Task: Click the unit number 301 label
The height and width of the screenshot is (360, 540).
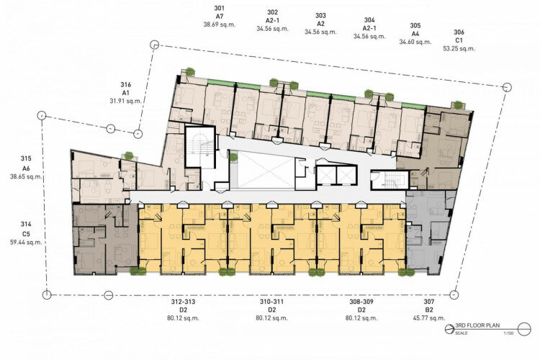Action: pos(219,8)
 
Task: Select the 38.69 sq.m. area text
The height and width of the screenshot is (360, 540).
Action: pos(220,24)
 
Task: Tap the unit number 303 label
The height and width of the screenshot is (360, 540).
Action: pos(320,16)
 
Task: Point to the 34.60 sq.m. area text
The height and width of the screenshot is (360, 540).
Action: pos(415,42)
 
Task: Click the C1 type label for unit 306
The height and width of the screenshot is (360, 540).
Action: pos(459,40)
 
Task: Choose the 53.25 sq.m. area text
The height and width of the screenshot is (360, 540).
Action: pos(459,48)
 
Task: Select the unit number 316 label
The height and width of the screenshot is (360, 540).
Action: pos(126,84)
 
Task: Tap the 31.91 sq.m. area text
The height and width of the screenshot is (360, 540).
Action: pos(126,101)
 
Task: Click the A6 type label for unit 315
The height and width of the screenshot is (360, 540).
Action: pos(26,168)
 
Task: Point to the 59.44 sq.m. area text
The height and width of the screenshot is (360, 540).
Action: pos(26,242)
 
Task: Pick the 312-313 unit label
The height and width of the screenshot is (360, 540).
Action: pos(183,302)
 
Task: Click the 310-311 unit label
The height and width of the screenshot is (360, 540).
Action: pos(271,302)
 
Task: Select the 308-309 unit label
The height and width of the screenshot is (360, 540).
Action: pos(361,302)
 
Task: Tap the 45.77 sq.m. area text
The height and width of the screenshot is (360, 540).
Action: pos(429,318)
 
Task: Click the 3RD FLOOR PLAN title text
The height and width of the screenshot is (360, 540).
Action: pos(477,325)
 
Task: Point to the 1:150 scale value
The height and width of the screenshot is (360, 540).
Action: pos(508,333)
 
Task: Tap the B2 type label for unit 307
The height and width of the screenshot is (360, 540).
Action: pos(429,310)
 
